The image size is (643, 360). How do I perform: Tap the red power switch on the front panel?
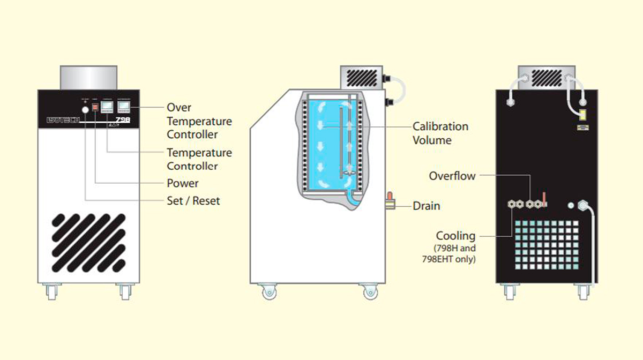[95, 107]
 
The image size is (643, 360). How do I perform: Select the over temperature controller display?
[124, 106]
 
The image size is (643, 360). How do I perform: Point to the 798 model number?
[124, 121]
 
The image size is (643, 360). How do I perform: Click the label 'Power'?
[183, 183]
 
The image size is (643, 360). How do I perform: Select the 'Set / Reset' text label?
[193, 201]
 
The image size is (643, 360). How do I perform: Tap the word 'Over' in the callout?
[179, 108]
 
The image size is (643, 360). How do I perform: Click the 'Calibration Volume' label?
[440, 133]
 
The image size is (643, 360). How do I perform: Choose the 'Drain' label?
[427, 206]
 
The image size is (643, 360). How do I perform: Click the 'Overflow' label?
[452, 176]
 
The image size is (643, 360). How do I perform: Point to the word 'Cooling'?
[455, 236]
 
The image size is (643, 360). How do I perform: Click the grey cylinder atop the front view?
[88, 78]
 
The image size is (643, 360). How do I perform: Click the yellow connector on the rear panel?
[581, 114]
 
